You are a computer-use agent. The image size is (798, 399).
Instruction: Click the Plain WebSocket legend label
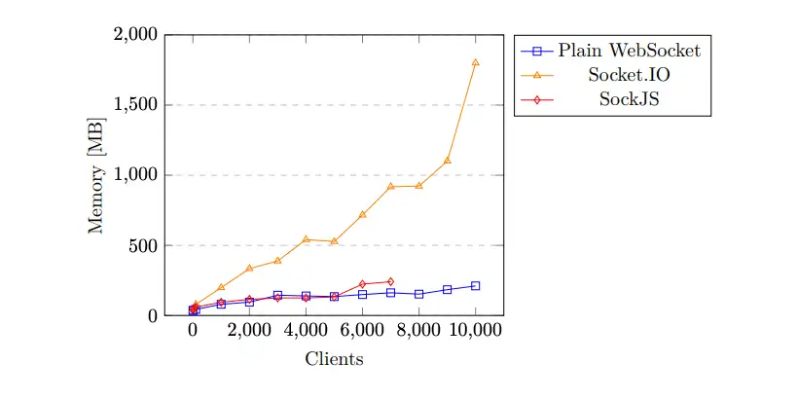[x=629, y=50]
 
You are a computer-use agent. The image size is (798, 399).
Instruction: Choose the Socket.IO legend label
[x=629, y=74]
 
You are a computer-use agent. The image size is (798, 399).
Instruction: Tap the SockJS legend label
[x=629, y=98]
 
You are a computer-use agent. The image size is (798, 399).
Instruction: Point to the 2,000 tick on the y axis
[x=135, y=35]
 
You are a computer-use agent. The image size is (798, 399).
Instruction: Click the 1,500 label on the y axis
[x=135, y=105]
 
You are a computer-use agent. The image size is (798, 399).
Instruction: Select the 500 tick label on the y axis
[x=142, y=246]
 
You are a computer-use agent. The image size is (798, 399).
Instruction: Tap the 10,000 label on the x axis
[x=475, y=330]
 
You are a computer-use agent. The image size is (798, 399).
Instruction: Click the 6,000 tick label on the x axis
[x=362, y=330]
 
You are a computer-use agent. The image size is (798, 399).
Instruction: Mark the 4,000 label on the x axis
[x=306, y=330]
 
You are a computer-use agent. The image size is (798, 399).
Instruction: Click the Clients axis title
[x=334, y=359]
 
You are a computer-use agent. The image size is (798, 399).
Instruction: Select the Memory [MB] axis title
[x=97, y=175]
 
